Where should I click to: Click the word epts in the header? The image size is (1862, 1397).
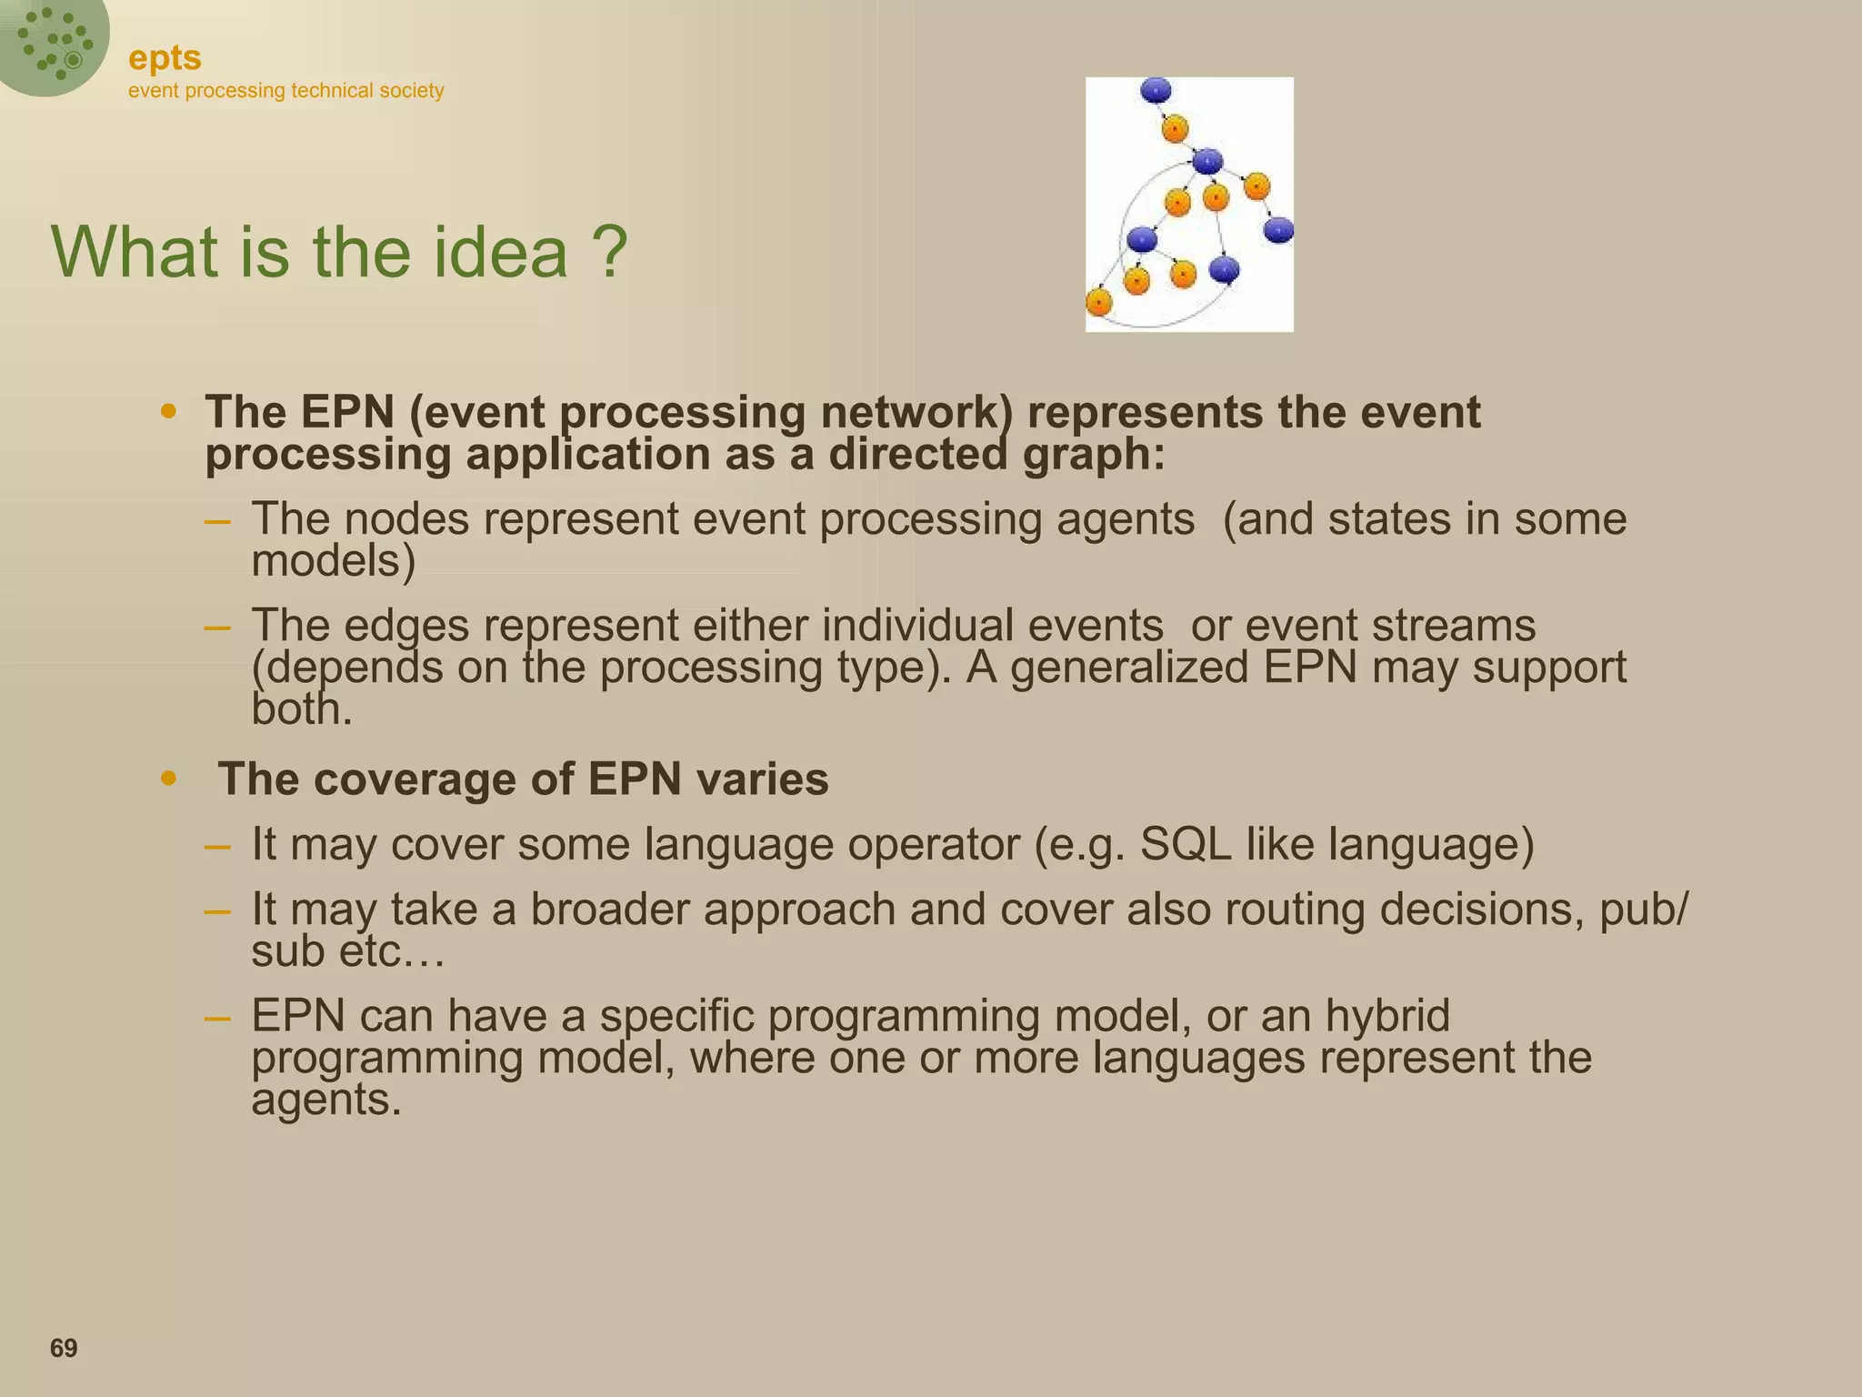coord(165,58)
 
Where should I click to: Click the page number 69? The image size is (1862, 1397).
coord(64,1348)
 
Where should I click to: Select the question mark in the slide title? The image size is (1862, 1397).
coord(608,252)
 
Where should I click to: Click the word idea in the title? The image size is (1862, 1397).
coord(499,252)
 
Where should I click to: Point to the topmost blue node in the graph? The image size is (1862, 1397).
coord(1156,90)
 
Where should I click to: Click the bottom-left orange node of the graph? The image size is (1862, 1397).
coord(1099,302)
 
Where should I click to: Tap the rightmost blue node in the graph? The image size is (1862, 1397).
coord(1278,230)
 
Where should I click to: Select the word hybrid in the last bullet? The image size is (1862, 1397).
coord(1387,1015)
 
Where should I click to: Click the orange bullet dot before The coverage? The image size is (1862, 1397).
coord(168,779)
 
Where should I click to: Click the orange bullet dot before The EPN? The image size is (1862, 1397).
coord(168,412)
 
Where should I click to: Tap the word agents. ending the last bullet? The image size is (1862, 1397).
coord(325,1100)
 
